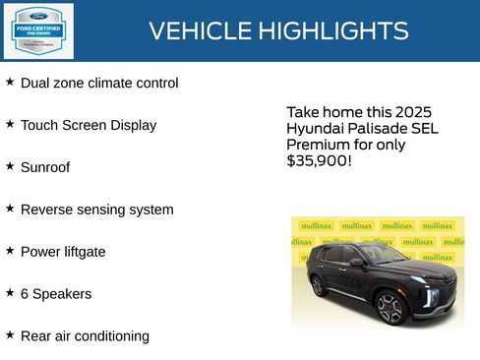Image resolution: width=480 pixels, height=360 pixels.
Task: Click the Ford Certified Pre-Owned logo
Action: click(x=38, y=30)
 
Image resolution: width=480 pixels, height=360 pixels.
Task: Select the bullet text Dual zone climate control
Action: click(x=99, y=84)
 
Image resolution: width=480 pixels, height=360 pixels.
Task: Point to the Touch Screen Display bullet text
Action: click(x=89, y=126)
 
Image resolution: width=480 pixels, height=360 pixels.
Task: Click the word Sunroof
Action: click(x=45, y=168)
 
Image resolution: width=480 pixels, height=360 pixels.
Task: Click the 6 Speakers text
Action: click(x=56, y=295)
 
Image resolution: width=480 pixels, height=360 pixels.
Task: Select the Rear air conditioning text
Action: click(x=85, y=337)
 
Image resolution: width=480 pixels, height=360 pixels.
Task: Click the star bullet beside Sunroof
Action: click(x=10, y=166)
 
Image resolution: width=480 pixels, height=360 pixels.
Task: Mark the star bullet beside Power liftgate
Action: click(x=10, y=251)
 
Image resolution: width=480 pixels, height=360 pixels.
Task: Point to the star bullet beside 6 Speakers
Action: click(x=10, y=293)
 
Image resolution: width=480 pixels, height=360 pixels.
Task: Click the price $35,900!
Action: click(x=319, y=160)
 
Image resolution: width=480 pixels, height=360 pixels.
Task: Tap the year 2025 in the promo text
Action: click(x=411, y=113)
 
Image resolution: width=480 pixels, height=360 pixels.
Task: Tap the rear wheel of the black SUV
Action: click(x=320, y=286)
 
